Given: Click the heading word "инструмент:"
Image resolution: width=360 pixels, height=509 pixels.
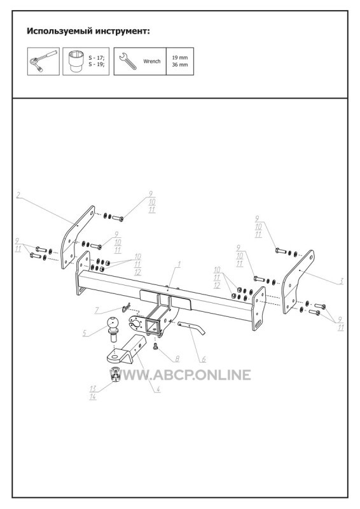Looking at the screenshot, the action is click(x=122, y=31).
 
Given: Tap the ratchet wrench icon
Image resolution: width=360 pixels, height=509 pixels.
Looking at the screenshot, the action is click(x=43, y=60).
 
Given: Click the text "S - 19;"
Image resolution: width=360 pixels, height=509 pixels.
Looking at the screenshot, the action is click(x=97, y=64).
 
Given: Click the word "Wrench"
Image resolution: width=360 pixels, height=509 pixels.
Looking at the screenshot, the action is click(x=152, y=61).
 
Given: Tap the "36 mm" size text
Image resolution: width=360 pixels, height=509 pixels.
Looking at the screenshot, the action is click(x=180, y=65).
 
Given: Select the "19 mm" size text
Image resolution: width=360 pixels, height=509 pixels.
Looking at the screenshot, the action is click(x=180, y=58).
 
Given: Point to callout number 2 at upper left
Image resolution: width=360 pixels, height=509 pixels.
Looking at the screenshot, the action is click(x=18, y=195).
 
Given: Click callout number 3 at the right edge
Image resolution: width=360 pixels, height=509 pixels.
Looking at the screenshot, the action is click(x=341, y=281).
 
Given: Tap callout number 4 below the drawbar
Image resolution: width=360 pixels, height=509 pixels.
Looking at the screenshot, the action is click(x=158, y=389).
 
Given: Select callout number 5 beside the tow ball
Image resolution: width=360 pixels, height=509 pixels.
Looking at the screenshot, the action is click(x=85, y=333).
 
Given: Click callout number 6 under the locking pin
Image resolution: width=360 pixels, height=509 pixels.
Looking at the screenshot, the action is click(x=204, y=359).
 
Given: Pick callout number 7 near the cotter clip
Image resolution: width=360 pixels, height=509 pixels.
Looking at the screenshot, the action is click(x=97, y=310).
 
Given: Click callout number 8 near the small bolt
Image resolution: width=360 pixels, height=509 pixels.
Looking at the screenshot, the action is click(x=177, y=359).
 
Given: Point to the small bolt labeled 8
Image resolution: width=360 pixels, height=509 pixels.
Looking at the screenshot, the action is click(x=155, y=347).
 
